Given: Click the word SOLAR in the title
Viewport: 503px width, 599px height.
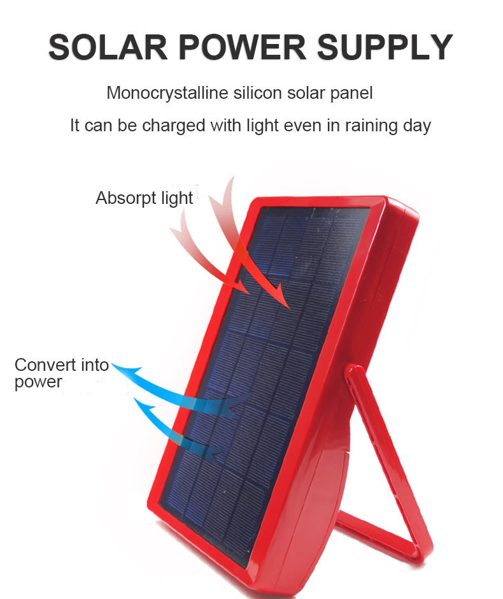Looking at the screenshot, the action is click(108, 47).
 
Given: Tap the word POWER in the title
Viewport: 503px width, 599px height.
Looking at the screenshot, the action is click(243, 47).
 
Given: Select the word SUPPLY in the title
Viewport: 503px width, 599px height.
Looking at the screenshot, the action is click(385, 47).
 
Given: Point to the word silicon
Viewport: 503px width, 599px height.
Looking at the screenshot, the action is click(258, 93).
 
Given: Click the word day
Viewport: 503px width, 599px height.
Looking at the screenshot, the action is click(417, 126).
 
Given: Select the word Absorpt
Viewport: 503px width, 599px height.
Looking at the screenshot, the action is click(126, 199).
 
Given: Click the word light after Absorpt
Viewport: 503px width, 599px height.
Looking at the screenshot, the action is click(177, 199).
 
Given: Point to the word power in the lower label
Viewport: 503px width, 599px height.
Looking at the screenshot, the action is click(38, 382).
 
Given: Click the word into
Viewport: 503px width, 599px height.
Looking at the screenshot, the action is click(95, 365).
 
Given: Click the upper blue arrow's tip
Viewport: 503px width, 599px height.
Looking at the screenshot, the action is click(112, 364).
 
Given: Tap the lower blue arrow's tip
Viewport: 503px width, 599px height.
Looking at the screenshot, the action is click(134, 398).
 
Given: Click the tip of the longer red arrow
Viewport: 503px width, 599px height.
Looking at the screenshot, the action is click(289, 308).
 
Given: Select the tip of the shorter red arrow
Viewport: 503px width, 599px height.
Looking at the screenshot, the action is click(250, 294).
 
